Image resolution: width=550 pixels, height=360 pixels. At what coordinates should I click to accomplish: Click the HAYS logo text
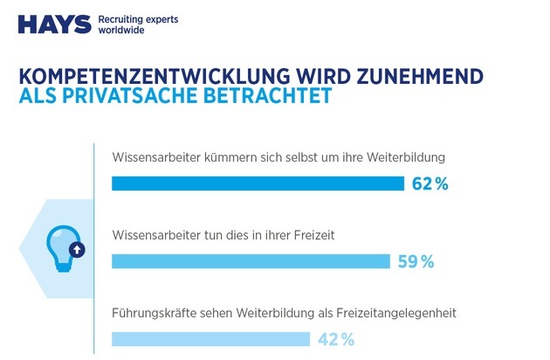point(53,23)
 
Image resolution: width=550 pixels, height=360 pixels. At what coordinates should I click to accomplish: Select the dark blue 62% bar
point(258,183)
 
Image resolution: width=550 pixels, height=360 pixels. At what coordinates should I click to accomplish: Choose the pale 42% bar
point(210,338)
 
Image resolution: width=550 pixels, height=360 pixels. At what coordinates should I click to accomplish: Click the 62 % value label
point(430,183)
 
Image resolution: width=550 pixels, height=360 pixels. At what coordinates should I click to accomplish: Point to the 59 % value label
point(415,261)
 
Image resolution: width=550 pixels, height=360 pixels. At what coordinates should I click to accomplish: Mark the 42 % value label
point(335,338)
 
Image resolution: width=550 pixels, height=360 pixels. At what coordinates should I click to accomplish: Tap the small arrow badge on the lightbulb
point(76,249)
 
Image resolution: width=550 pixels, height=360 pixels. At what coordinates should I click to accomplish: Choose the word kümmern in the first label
point(232,158)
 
